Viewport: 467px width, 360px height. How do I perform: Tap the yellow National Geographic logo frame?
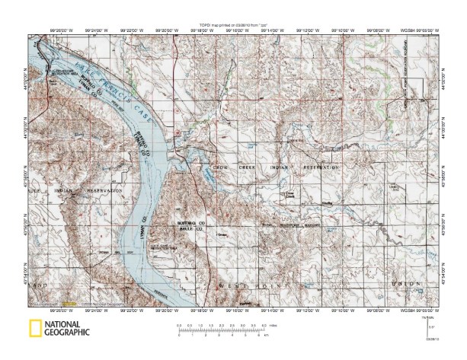click(x=34, y=330)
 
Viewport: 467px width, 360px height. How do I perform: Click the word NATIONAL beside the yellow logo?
click(x=67, y=325)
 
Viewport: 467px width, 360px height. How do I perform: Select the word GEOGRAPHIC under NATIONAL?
click(x=67, y=333)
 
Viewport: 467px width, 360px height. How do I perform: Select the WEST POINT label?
click(x=241, y=285)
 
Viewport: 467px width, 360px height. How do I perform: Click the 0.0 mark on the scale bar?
click(x=178, y=325)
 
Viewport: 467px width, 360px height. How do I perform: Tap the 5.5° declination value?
click(x=432, y=327)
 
